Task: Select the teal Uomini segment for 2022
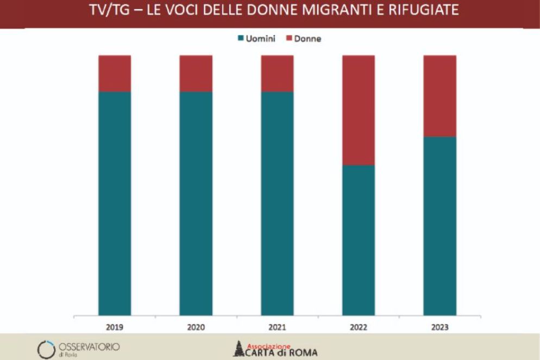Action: [359, 239]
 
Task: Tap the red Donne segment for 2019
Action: [115, 73]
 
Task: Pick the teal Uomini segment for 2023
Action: [439, 225]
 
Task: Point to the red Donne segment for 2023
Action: [439, 96]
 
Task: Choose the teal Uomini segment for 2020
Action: [196, 203]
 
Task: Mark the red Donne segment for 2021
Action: [277, 73]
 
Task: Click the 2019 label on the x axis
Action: [115, 327]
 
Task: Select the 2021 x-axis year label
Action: [277, 327]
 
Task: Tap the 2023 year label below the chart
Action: [439, 327]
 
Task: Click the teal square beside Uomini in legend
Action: [241, 39]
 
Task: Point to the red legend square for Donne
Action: [289, 39]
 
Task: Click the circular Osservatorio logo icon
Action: [46, 349]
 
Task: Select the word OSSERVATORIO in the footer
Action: [89, 346]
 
